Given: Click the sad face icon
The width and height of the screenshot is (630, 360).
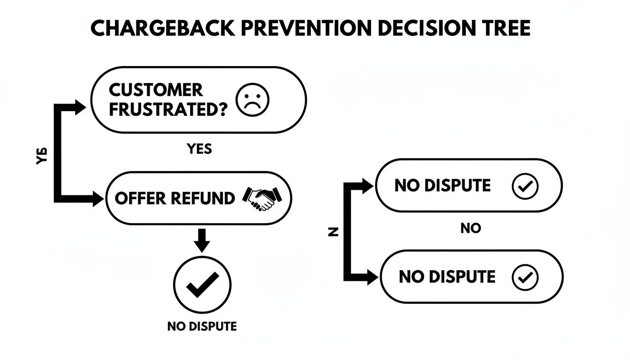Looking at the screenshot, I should (x=254, y=100).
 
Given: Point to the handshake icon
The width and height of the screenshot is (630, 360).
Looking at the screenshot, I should (x=261, y=199).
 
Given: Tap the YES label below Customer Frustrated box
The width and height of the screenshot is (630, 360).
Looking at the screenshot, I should (x=199, y=149).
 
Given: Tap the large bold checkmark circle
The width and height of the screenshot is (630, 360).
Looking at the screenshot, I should (x=202, y=285).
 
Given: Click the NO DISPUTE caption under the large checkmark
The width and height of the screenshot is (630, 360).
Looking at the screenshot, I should (x=202, y=326).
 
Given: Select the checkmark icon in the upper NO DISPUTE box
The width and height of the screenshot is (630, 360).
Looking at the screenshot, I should (x=525, y=186).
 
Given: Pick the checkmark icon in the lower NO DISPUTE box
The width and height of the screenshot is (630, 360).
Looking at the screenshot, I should (x=525, y=277).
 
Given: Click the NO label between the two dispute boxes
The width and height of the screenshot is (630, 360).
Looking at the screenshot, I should (x=470, y=229).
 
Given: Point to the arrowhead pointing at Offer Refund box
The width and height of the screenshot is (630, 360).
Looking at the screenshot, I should (x=97, y=199).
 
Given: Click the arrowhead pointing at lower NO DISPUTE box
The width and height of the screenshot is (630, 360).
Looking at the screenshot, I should (x=372, y=276).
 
